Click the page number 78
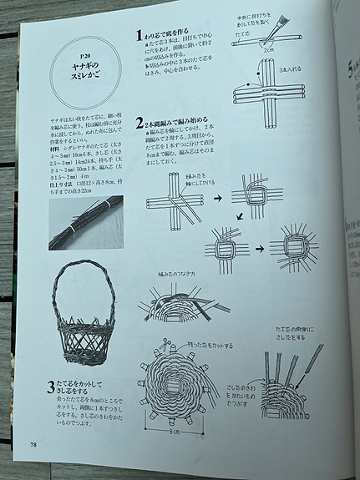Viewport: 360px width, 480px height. tap(33, 455)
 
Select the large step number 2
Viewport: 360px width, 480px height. tap(139, 125)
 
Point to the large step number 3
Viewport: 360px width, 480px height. tap(52, 388)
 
